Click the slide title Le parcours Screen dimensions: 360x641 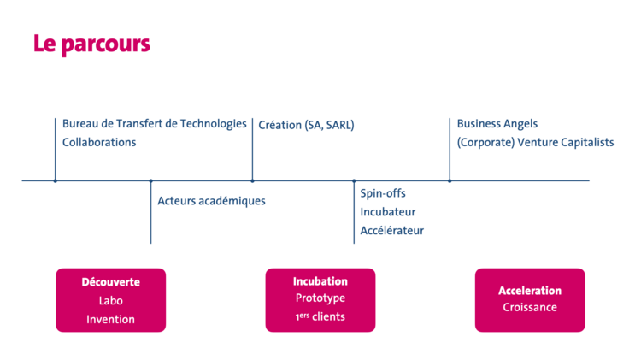coord(91,44)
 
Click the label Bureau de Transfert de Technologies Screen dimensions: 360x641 coord(154,124)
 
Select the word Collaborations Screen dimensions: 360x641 coord(99,142)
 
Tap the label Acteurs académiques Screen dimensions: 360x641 coord(211,201)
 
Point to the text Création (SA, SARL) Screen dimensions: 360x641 coord(306,125)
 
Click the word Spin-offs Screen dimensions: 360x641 coord(383,193)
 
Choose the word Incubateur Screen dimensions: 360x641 coord(388,212)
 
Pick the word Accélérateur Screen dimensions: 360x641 coord(391,230)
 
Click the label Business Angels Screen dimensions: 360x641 coord(497,124)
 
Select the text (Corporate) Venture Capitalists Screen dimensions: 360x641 coord(535,142)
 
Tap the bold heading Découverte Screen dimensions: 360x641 coord(110,281)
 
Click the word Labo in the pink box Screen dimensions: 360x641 coord(110,300)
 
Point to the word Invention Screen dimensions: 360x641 coord(110,319)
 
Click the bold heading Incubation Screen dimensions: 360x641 coord(320,280)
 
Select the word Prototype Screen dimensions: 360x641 coord(320,298)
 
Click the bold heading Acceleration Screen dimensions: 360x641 coord(530,291)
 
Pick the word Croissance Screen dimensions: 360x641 coord(530,308)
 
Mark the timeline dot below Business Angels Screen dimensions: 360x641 coord(450,180)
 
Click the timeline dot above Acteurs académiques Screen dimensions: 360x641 coord(151,180)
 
